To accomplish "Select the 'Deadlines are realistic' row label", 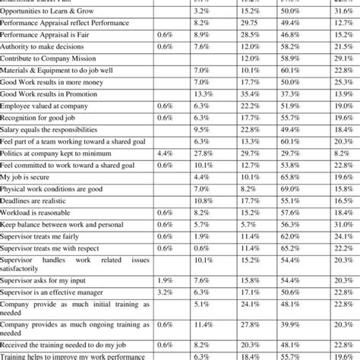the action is [x=38, y=200].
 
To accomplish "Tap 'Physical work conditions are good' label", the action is [x=52, y=188].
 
